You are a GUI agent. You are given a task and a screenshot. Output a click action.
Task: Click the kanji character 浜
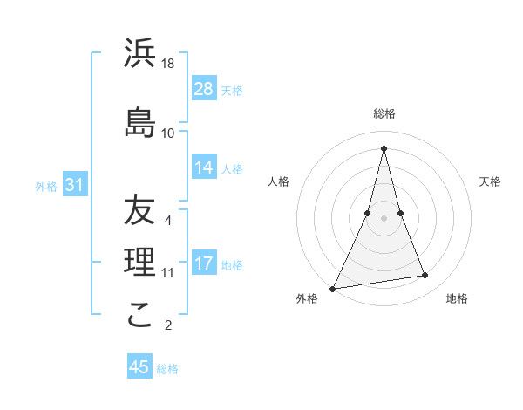[139, 55]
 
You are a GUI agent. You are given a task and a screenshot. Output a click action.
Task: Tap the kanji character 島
[139, 121]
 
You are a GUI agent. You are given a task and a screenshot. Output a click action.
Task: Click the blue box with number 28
[204, 89]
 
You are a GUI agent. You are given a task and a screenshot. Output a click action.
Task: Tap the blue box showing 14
[204, 167]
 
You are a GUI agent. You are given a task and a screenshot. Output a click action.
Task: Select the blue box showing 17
[204, 263]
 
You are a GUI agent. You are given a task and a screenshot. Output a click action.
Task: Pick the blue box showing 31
[74, 185]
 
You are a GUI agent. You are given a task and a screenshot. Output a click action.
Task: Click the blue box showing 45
[139, 367]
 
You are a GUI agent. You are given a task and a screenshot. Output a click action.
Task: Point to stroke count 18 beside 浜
[169, 64]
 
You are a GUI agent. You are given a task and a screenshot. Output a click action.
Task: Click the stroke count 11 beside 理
[168, 273]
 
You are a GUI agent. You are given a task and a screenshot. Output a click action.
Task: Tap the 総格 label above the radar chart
[384, 113]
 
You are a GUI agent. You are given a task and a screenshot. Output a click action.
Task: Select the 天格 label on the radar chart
[490, 181]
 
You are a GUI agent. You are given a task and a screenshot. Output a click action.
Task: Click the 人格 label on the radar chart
[278, 181]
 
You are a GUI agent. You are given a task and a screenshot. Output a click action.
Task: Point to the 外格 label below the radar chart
[307, 299]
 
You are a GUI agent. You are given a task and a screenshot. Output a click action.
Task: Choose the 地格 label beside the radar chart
[457, 299]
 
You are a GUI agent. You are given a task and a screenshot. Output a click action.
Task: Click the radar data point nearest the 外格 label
[333, 288]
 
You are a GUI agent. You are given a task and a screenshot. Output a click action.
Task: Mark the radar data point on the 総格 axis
[384, 147]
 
